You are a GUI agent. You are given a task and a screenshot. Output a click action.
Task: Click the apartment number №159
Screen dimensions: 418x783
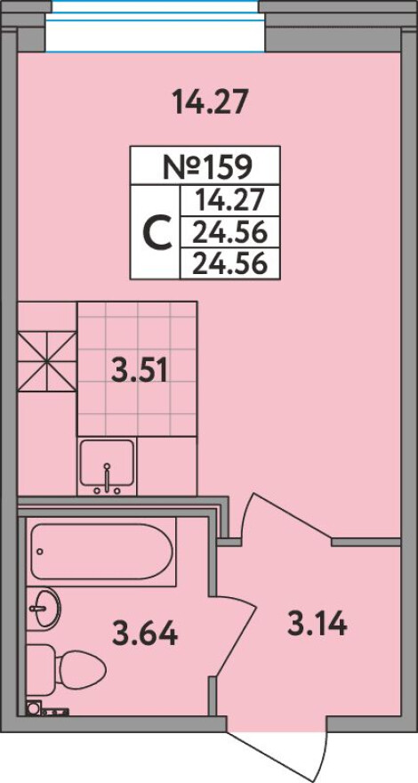point(205,167)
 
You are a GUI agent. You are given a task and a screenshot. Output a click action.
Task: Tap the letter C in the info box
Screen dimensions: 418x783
point(158,233)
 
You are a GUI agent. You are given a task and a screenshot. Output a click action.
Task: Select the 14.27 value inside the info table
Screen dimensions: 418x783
point(229,201)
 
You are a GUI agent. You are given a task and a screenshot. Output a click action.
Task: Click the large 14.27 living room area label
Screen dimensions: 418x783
point(209,101)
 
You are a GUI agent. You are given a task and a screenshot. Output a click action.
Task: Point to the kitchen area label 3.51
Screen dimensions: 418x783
point(139,372)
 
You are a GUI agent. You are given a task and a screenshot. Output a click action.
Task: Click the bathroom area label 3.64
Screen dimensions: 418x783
point(145,633)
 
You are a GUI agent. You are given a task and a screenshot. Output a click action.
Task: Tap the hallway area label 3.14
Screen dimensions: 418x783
point(317,624)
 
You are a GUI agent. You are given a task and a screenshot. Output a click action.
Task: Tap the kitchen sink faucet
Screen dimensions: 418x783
point(107,476)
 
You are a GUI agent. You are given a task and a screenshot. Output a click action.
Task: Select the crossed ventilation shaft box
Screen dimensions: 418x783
point(47,361)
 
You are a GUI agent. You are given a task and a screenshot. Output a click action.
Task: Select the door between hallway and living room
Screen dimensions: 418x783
point(284,518)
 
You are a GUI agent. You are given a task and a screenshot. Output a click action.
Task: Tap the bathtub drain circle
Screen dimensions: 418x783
point(39,552)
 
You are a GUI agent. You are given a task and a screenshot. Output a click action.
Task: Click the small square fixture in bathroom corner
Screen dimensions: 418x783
point(34,707)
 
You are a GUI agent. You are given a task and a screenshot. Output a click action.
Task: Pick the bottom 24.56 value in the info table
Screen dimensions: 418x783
point(229,263)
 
